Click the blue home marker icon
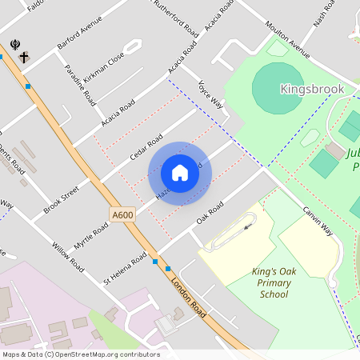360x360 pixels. [x=180, y=172]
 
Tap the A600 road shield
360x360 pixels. [x=123, y=214]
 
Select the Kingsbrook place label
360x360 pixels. [x=312, y=89]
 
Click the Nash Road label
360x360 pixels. [x=323, y=13]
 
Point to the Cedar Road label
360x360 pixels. [x=146, y=145]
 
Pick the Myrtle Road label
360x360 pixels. [x=90, y=237]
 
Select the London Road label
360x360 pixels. [x=189, y=297]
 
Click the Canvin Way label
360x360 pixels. [x=317, y=222]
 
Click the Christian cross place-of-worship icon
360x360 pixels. [x=25, y=58]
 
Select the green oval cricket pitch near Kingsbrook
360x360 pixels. [x=277, y=89]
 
